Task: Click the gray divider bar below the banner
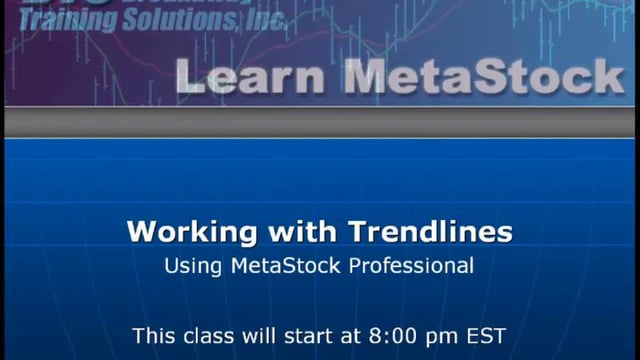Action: (320, 121)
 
